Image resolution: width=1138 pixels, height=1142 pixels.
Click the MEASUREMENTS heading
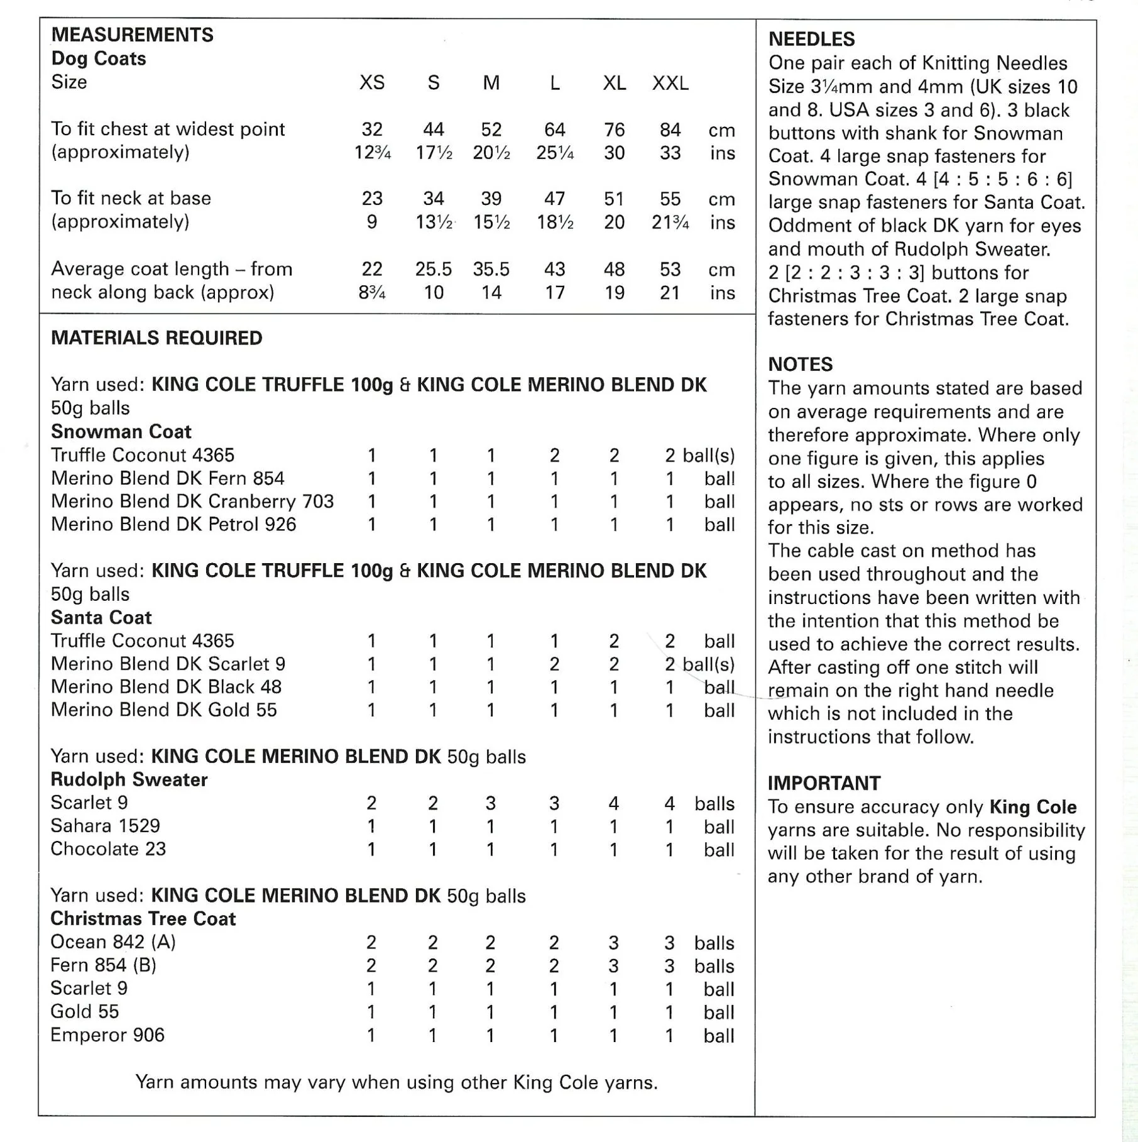132,35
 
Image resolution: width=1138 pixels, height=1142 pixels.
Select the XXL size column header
670,83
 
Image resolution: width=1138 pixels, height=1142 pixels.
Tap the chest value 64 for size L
554,129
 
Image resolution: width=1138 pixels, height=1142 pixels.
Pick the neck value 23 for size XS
372,199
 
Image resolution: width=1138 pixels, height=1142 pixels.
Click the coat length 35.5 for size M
491,269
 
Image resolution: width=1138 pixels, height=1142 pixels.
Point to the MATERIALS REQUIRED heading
156,338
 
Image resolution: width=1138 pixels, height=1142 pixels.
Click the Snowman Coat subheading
121,432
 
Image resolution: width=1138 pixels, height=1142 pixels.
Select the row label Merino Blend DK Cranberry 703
192,502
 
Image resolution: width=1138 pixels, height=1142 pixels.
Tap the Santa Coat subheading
101,617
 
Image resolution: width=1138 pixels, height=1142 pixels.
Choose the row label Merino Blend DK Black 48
166,687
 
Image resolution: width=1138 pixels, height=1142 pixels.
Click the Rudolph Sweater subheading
129,780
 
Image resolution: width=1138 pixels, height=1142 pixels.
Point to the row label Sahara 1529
105,826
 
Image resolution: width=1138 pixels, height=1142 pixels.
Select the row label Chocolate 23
108,849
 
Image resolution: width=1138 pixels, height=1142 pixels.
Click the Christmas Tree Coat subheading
143,919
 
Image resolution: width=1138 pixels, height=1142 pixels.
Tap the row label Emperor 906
107,1035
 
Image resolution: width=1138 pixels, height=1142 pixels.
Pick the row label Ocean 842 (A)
113,942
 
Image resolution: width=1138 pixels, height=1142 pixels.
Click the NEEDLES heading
811,40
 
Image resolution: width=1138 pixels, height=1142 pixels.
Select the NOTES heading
800,365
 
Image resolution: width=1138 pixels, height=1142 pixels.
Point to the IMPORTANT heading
824,783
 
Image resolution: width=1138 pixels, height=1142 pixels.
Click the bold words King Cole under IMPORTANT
1032,807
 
